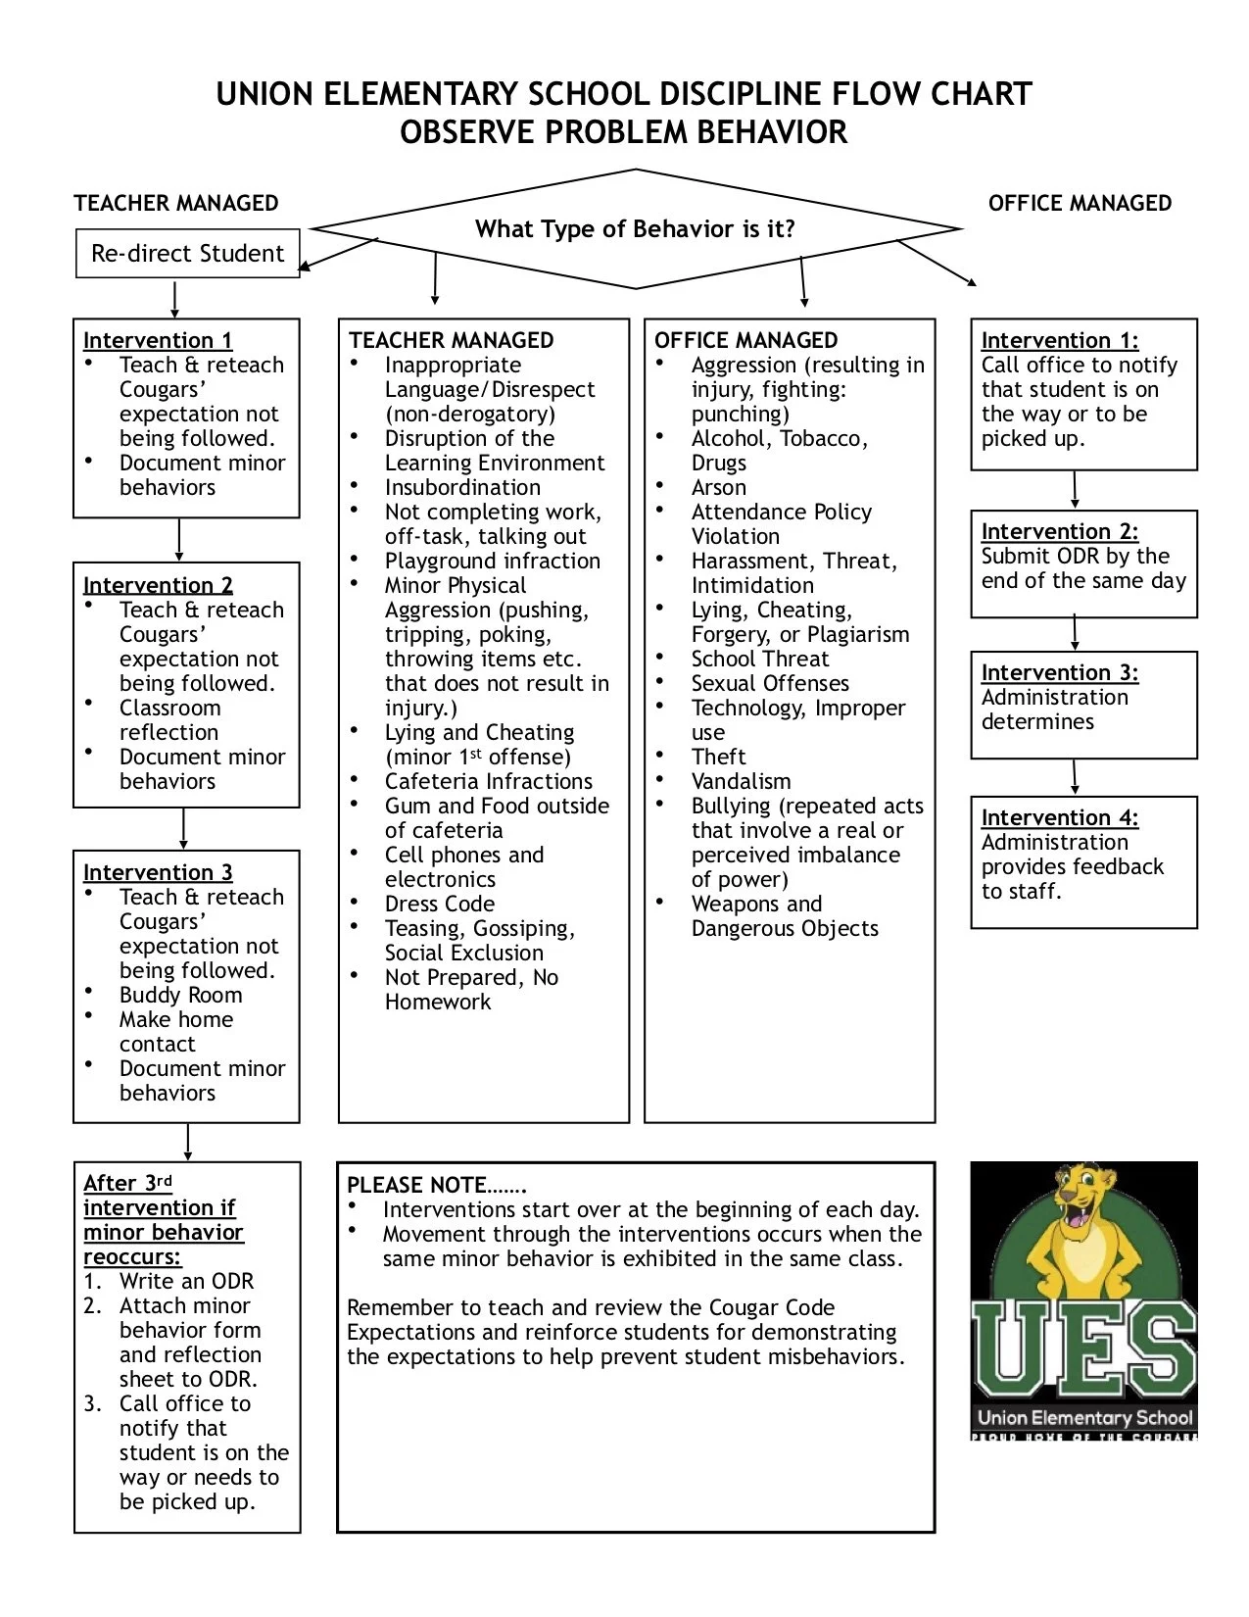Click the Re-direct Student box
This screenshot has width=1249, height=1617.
click(187, 254)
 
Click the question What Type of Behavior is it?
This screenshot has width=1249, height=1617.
click(635, 229)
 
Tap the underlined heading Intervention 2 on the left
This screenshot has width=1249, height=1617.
click(158, 585)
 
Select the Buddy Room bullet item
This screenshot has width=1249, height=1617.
click(180, 995)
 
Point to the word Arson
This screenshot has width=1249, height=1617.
click(718, 487)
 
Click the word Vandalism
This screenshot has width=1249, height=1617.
click(741, 781)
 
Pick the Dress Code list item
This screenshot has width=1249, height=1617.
click(439, 904)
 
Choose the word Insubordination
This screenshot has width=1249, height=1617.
click(462, 487)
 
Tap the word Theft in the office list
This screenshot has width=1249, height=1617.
click(718, 757)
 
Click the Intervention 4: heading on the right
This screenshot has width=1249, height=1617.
click(1059, 817)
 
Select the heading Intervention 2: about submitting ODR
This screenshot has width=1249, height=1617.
click(1059, 531)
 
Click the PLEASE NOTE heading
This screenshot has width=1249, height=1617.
click(436, 1185)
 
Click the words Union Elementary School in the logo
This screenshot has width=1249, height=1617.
click(1084, 1417)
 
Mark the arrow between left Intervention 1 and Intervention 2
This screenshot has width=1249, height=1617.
click(179, 539)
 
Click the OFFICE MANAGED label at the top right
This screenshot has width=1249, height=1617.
click(1080, 203)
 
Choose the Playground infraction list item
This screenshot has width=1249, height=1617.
click(492, 561)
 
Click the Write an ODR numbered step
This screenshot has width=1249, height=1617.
click(186, 1281)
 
